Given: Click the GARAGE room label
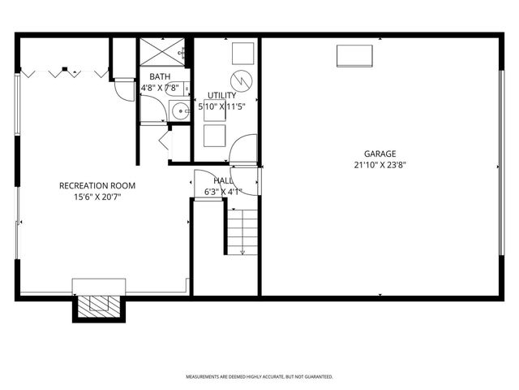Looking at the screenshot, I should [380, 153].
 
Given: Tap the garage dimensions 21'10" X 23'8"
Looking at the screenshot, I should [380, 163].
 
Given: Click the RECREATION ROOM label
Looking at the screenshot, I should [97, 185].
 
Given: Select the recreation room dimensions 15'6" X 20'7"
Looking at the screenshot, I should [97, 196].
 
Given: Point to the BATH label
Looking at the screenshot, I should [159, 76].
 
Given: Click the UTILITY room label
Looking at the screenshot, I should [221, 95].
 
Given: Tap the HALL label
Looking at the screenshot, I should [223, 180].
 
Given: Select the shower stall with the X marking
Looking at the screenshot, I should [164, 51].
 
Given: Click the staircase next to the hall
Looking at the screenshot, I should [242, 231].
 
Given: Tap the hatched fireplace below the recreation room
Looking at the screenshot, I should [97, 305].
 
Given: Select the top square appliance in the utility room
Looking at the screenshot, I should [242, 51].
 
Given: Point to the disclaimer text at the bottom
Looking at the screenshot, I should [259, 377].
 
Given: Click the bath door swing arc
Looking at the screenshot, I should [122, 89].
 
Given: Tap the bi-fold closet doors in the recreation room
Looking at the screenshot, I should [65, 73].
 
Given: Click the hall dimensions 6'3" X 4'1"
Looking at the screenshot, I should [223, 192].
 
